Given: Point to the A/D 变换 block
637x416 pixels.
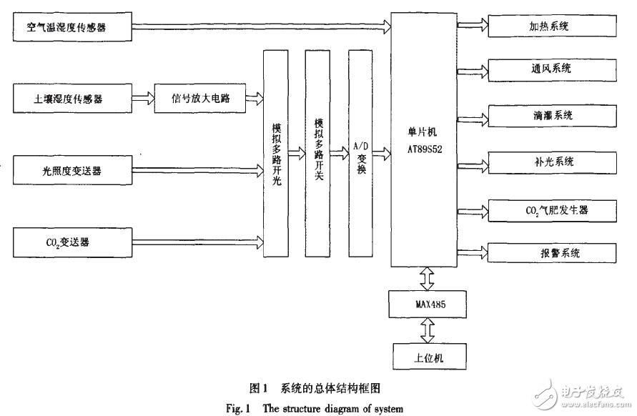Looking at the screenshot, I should coord(360,154).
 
